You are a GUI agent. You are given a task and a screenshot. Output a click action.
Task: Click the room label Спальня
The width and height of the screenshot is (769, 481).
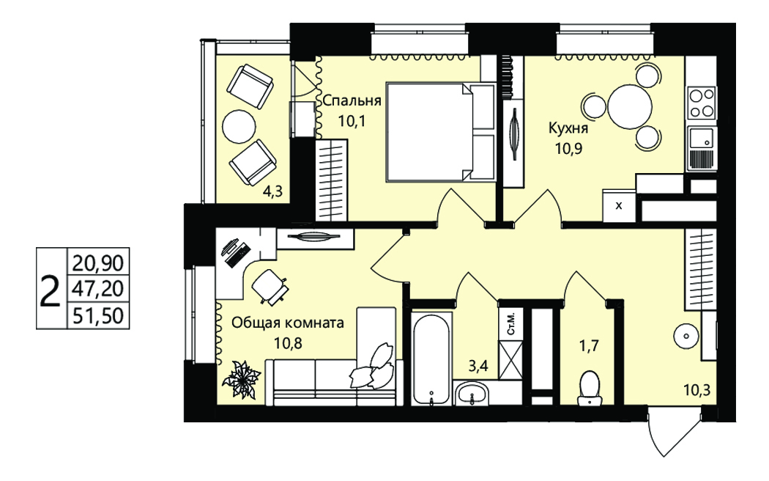[x=352, y=101]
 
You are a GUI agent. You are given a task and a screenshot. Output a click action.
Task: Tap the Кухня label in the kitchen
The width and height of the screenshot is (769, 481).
[x=568, y=128]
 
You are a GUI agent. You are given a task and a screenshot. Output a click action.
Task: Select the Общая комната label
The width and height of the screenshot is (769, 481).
[x=288, y=323]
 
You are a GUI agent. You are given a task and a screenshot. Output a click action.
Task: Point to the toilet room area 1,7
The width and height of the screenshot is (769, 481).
[x=589, y=346]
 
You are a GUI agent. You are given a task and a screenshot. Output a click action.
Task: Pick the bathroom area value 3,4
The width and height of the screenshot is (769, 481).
[x=478, y=366]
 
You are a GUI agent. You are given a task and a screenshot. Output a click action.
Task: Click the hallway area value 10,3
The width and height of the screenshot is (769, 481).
[x=697, y=391]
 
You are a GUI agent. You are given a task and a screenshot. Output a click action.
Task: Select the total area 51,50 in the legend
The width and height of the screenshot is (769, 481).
[x=98, y=315]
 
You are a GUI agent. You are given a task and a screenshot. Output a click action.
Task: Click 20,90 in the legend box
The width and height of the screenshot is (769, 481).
[x=98, y=263]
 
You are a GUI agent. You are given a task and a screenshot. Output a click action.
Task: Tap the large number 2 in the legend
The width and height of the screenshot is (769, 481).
[x=50, y=290]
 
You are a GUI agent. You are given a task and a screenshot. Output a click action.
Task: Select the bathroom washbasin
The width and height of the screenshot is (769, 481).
[x=471, y=394]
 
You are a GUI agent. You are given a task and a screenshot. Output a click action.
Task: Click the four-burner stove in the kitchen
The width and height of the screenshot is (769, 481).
[x=702, y=103]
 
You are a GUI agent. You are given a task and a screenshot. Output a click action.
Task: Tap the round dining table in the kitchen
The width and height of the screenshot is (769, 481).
[x=630, y=107]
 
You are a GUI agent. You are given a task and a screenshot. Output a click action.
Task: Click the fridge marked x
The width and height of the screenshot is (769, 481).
[x=619, y=205]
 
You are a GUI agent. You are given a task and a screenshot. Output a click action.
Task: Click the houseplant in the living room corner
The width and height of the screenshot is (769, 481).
[x=241, y=379]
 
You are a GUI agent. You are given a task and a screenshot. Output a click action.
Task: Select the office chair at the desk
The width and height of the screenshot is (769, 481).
[x=270, y=285]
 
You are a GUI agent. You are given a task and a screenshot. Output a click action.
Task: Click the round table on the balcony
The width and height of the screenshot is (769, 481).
[x=239, y=126]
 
